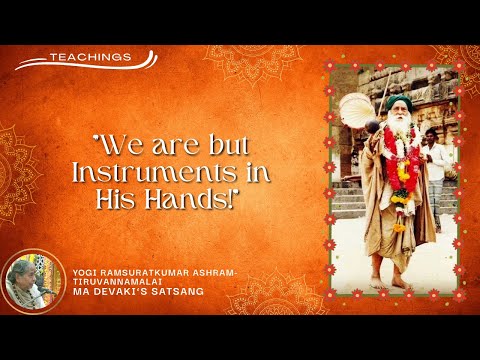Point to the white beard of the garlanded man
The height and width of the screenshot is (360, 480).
pos(400,130)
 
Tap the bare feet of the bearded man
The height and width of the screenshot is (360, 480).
pos(398,282)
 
